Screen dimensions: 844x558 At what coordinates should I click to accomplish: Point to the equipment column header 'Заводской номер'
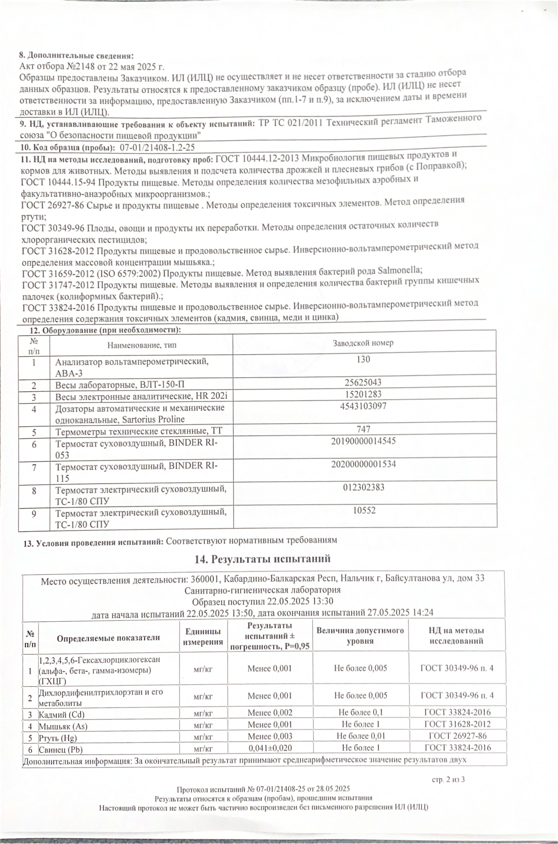363,343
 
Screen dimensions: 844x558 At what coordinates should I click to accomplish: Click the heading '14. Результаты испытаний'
262,559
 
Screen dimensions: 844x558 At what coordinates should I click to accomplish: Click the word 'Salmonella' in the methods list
400,271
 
